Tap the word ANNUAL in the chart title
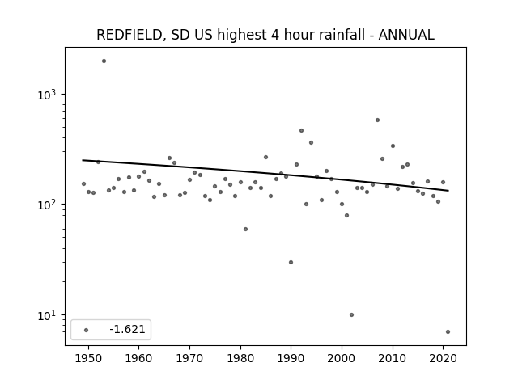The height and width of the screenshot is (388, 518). coord(406,35)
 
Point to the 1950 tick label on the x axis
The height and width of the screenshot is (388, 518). coord(88,359)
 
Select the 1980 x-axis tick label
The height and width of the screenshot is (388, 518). coord(240,359)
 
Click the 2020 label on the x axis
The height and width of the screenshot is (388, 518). coord(444,359)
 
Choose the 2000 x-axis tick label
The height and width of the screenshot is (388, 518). coord(342,359)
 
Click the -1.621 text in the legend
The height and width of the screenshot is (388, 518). coord(128,329)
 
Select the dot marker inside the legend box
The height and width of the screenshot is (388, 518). coord(87,330)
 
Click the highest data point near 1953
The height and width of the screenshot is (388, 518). coord(104,61)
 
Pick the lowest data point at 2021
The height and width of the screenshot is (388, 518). coord(448,332)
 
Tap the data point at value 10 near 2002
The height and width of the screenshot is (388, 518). coord(351,314)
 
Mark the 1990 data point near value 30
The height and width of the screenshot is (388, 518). coord(291,262)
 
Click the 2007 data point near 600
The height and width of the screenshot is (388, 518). coord(377,120)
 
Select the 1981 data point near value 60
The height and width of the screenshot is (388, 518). coord(245,229)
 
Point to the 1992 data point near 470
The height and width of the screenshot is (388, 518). coord(301,131)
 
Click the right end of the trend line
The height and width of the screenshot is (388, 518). coord(448,191)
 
